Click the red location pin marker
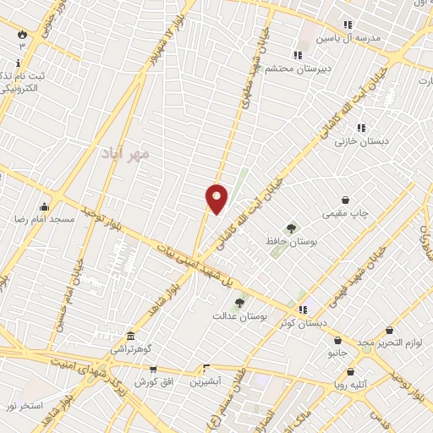217,199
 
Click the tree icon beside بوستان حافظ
292,228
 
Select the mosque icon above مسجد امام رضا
44,206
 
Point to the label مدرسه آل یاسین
349,38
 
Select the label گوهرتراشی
129,348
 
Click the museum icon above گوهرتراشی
129,336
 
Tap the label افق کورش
154,382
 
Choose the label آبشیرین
205,381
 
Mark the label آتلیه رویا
350,385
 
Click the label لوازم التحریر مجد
388,343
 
